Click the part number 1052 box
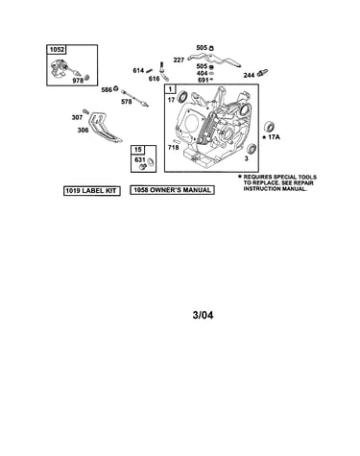57,50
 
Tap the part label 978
78,81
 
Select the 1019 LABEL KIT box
91,191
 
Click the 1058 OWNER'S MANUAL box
172,190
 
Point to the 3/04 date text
203,315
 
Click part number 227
179,60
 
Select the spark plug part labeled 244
262,72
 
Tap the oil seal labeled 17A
267,127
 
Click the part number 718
174,148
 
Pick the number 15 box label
137,150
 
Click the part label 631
140,159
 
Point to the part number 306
83,130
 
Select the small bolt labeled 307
86,111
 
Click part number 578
127,102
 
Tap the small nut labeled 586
116,88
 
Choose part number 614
138,70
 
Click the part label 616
154,79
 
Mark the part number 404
202,73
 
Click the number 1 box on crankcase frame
170,89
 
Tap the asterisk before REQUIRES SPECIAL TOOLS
239,176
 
